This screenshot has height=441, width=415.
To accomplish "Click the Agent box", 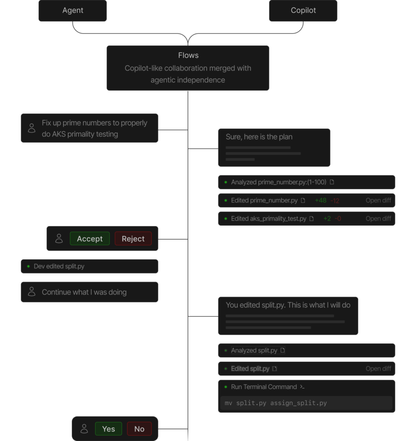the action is point(72,10).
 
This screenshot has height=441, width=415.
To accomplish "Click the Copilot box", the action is point(303,10).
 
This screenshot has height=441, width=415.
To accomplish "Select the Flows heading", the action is point(188,56).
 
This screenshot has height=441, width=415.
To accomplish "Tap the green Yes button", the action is point(109,429).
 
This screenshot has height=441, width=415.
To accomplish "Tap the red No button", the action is point(139,429).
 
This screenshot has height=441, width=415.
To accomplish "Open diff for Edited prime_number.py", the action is point(378,201).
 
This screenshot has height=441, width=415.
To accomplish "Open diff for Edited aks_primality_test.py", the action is point(378,218).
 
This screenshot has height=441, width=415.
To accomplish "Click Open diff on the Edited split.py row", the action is point(378,369).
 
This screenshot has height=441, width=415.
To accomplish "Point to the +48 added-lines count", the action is point(321,201).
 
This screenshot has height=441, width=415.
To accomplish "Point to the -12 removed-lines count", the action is point(335,201).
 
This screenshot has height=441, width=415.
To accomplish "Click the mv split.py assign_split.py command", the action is point(276,403).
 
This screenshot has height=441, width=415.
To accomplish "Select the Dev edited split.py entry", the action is point(90,266).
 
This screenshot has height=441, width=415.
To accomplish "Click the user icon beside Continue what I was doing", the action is point(32,292).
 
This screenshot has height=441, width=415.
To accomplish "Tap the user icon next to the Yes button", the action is point(84,429).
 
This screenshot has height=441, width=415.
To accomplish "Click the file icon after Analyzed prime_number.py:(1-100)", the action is point(332,182).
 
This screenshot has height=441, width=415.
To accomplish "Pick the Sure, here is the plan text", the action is point(259,137).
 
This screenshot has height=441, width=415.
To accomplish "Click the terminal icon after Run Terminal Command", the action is point(302,387).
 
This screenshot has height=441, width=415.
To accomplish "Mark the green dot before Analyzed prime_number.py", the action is point(226,182).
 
